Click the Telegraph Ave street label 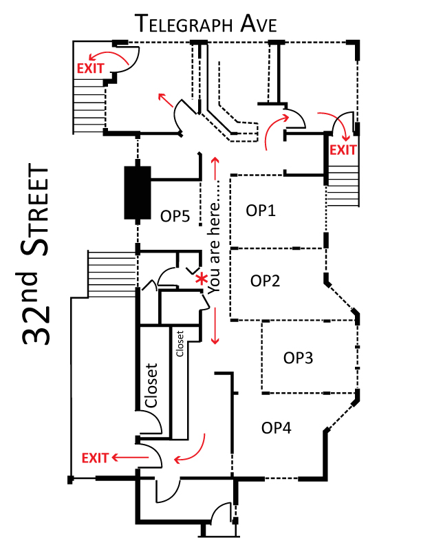coord(207,23)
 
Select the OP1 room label coord(261,211)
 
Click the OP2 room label coord(265,281)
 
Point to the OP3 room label coord(298,358)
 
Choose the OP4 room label coord(276,428)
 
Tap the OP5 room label coord(175,216)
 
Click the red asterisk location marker coord(201,279)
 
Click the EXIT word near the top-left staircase coord(90,68)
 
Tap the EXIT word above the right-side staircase coord(343,150)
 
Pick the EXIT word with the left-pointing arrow coord(95,458)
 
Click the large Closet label coord(151,385)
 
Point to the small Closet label coord(180,344)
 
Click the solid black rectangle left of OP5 coord(138,193)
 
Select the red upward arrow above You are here coord(216,169)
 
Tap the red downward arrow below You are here coord(215,325)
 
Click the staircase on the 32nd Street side coord(111,274)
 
